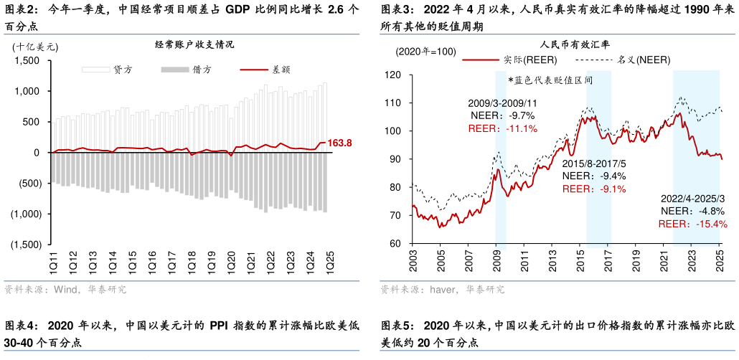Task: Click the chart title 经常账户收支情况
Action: point(194,44)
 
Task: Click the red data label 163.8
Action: point(339,143)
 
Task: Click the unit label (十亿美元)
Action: point(35,47)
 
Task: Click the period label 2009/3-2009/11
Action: point(502,103)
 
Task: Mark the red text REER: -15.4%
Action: point(692,224)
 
